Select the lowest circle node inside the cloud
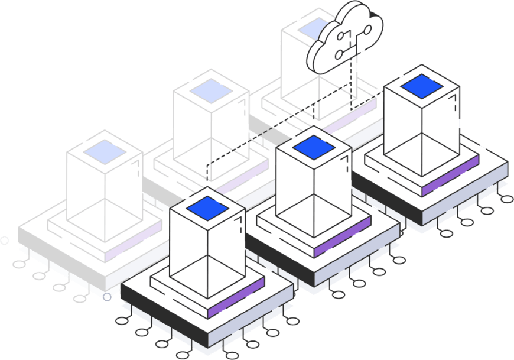point(339,55)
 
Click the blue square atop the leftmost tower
point(105,152)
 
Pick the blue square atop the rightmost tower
point(421,86)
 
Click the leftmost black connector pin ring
point(19,264)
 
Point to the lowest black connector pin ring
point(232,355)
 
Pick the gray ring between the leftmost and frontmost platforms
point(107,296)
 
